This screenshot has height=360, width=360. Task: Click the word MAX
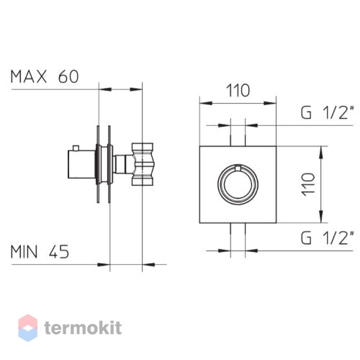(x=28, y=77)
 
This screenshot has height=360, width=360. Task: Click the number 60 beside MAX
(x=68, y=77)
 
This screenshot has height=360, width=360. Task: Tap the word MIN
(x=24, y=252)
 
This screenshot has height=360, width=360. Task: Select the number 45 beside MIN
(x=59, y=252)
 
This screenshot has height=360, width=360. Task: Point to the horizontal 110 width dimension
(x=238, y=91)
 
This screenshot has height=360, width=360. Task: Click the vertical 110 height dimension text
(x=309, y=184)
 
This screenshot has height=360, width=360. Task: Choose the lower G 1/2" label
(x=328, y=238)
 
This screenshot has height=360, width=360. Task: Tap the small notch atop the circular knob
(x=238, y=168)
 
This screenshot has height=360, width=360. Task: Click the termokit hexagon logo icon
(x=28, y=328)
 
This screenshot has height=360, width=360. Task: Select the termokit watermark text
(x=83, y=328)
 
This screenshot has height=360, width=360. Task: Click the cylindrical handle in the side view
(x=82, y=164)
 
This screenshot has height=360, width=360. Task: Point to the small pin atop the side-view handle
(x=76, y=148)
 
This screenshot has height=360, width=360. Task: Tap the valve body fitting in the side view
(x=143, y=164)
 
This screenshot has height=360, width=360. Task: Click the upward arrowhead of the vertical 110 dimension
(x=321, y=152)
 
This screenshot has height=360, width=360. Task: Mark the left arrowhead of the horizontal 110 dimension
(x=206, y=103)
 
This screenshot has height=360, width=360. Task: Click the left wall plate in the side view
(x=98, y=164)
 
